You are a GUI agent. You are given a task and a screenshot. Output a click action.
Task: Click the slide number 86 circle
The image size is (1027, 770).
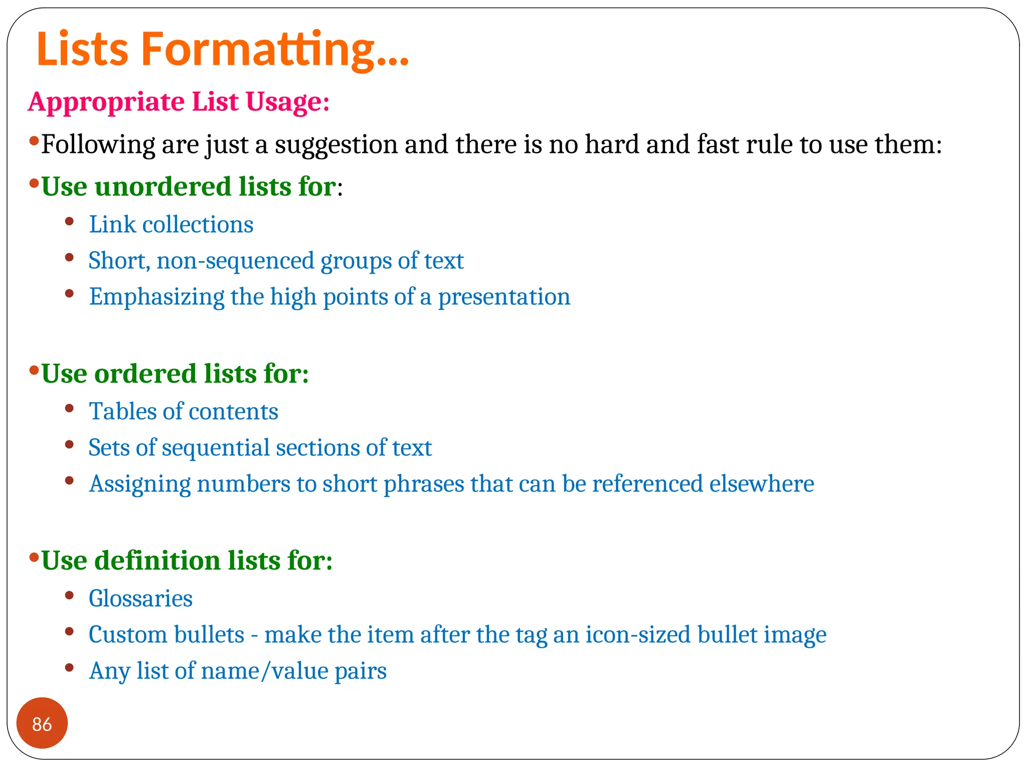pyautogui.click(x=42, y=723)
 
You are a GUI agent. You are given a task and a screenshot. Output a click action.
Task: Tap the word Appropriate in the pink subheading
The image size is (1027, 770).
pyautogui.click(x=106, y=102)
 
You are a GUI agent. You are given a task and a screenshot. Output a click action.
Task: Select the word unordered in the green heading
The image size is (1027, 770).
pyautogui.click(x=162, y=187)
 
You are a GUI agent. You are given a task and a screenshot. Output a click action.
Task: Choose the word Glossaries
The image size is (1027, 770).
pyautogui.click(x=140, y=599)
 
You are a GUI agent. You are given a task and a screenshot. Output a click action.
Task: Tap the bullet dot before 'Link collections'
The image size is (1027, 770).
pyautogui.click(x=70, y=221)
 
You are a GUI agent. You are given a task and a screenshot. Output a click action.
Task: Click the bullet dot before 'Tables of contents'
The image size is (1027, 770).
pyautogui.click(x=70, y=408)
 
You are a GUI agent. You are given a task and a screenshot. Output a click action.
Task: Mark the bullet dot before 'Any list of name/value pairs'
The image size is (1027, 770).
pyautogui.click(x=70, y=667)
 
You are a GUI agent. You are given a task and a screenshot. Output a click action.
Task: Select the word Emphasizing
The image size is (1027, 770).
pyautogui.click(x=156, y=297)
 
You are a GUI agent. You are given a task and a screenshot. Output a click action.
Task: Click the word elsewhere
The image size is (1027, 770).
pyautogui.click(x=761, y=484)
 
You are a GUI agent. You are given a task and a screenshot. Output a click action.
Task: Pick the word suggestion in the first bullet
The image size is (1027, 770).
pyautogui.click(x=336, y=145)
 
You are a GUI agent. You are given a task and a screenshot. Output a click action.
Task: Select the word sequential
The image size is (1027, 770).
pyautogui.click(x=215, y=448)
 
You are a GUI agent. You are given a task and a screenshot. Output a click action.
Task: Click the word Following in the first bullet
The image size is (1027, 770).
pyautogui.click(x=98, y=145)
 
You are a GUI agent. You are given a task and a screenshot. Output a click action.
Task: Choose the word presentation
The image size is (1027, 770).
pyautogui.click(x=504, y=297)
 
